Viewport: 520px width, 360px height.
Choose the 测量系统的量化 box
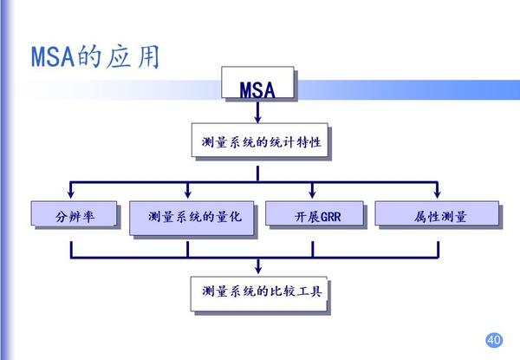pyautogui.click(x=190, y=217)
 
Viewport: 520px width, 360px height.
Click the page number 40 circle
pyautogui.click(x=494, y=338)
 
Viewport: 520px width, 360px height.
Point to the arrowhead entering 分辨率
pyautogui.click(x=70, y=197)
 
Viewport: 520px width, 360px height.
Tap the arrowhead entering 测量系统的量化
pyautogui.click(x=188, y=197)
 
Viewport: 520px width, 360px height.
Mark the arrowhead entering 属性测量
pyautogui.click(x=436, y=197)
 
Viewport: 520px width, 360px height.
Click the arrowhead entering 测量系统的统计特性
pyautogui.click(x=259, y=121)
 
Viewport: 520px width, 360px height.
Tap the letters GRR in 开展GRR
pyautogui.click(x=329, y=216)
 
